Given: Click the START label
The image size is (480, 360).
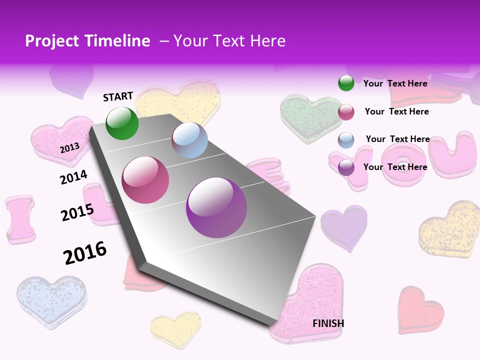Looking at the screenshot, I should (x=118, y=96).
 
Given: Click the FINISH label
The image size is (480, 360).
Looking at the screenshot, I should (x=328, y=323).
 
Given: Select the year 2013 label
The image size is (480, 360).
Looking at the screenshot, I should (x=69, y=147).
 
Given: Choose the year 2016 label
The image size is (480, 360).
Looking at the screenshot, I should (x=85, y=252).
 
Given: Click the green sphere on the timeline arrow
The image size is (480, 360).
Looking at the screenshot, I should (x=122, y=123).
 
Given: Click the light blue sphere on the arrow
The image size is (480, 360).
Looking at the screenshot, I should (x=189, y=140).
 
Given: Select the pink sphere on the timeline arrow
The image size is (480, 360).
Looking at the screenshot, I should (x=145, y=180).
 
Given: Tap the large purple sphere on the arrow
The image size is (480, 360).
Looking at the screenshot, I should (x=216, y=207).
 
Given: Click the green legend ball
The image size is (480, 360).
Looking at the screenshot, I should (x=346, y=83).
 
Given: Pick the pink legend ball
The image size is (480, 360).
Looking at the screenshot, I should (x=346, y=112).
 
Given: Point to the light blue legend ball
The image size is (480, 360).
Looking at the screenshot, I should (x=346, y=140).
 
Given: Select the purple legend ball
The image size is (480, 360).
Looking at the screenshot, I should (x=346, y=167).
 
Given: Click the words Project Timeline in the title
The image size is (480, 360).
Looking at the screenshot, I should (x=87, y=41).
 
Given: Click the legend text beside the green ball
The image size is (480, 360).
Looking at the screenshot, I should (x=395, y=83).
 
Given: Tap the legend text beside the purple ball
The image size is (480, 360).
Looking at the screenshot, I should (x=395, y=167).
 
